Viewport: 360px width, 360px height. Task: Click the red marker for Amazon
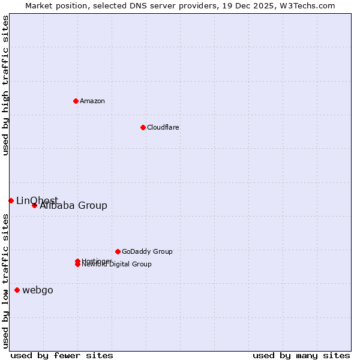[76, 101]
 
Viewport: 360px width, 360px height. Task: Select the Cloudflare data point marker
[143, 127]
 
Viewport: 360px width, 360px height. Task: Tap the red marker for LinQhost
[11, 200]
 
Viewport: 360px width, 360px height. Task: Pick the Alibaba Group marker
[34, 205]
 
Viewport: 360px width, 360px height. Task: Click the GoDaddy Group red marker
[118, 251]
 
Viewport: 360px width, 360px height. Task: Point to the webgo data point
[17, 290]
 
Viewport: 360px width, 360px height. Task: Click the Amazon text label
[92, 101]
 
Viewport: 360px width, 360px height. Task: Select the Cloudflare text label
[163, 127]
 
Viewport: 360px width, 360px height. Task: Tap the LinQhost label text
[37, 200]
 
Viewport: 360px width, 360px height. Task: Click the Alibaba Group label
[73, 205]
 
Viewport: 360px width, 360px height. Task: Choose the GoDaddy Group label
[147, 251]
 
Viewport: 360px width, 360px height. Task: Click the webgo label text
[38, 290]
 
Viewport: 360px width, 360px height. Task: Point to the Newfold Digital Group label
[117, 265]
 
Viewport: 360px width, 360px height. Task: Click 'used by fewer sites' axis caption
[62, 355]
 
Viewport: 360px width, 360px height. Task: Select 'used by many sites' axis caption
[301, 355]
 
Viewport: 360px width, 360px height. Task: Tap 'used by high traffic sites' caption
[6, 85]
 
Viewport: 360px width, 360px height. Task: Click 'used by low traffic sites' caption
[6, 281]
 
